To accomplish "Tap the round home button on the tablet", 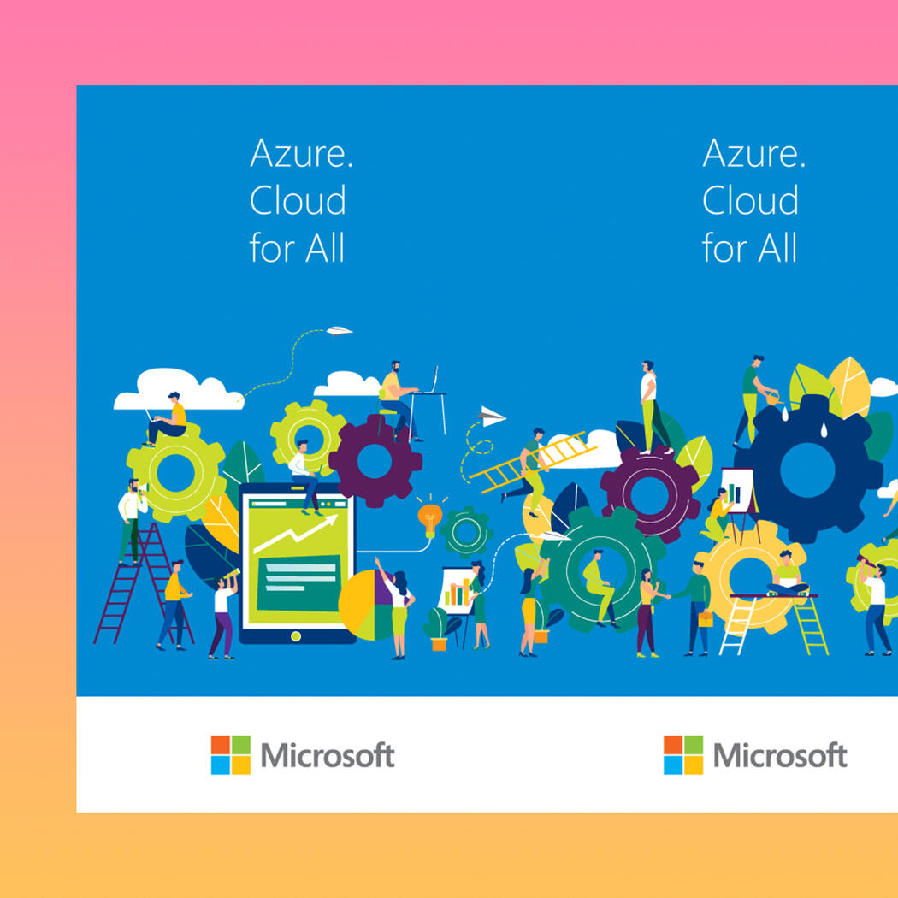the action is click(296, 635).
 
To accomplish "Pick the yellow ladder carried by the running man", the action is click(533, 461).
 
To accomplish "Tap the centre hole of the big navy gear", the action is click(807, 470).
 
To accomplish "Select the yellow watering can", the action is click(773, 397).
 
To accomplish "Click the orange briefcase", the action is click(706, 619).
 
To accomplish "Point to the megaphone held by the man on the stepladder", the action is click(141, 488).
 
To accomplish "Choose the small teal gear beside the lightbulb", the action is click(465, 532).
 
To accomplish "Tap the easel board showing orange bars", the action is click(456, 591).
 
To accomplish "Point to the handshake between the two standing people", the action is click(668, 596).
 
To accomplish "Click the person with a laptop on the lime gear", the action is click(167, 419).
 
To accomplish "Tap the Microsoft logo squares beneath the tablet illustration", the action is click(230, 755).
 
